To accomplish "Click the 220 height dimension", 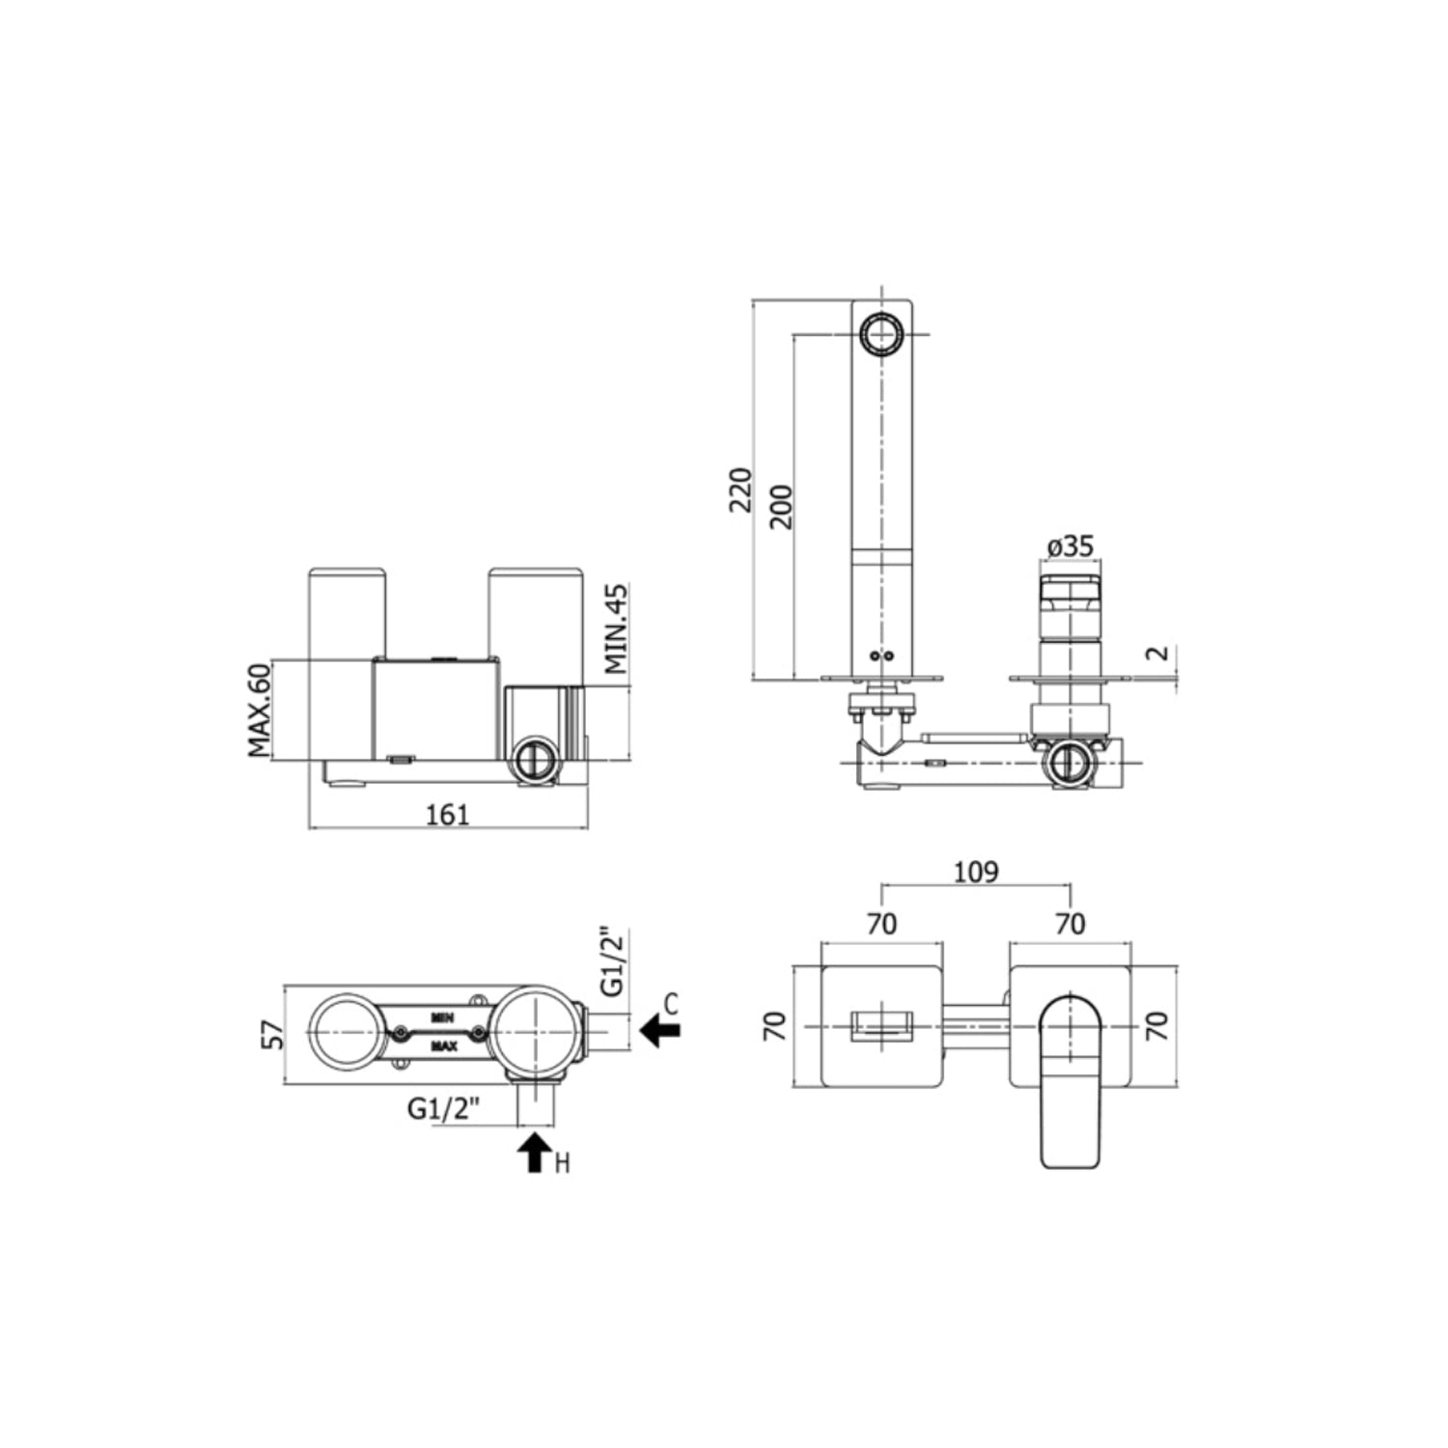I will pos(740,489).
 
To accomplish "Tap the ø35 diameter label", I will pos(1071,546).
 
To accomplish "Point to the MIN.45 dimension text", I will pos(616,628).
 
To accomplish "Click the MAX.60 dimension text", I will pos(259,710).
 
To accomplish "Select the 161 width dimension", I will pos(448,815).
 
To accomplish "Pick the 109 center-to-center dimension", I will pos(976,873).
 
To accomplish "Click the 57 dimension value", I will pos(275,1035).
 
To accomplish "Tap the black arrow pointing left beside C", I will pos(660,1030).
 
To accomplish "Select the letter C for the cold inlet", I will pos(672,1004).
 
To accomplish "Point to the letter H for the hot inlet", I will pos(562,1163).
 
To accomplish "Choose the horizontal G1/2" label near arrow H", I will pos(443,1109).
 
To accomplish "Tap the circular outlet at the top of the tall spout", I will pos(880,334).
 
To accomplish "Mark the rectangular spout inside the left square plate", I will pos(880,1026).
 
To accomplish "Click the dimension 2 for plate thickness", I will pos(1158,653).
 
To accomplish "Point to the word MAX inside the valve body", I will pos(444,1045).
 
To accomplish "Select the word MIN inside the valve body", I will pos(443,1017).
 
